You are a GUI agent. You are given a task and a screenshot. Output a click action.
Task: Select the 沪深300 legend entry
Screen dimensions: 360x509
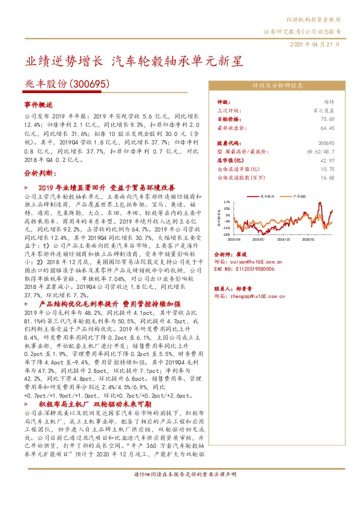[299, 196]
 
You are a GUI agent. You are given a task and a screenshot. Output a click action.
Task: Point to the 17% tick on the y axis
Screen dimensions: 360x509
[227, 203]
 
